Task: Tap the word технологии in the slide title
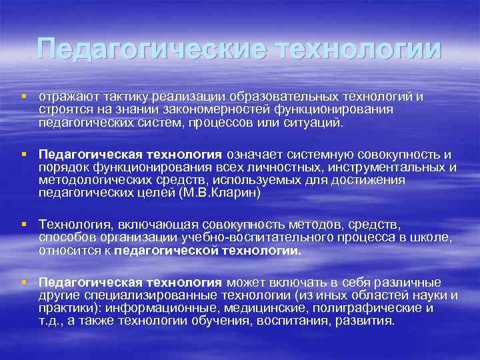click(x=358, y=50)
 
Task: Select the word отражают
click(x=67, y=97)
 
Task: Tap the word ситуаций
click(x=311, y=123)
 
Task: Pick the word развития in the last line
click(x=371, y=321)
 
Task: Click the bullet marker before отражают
click(x=25, y=97)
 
